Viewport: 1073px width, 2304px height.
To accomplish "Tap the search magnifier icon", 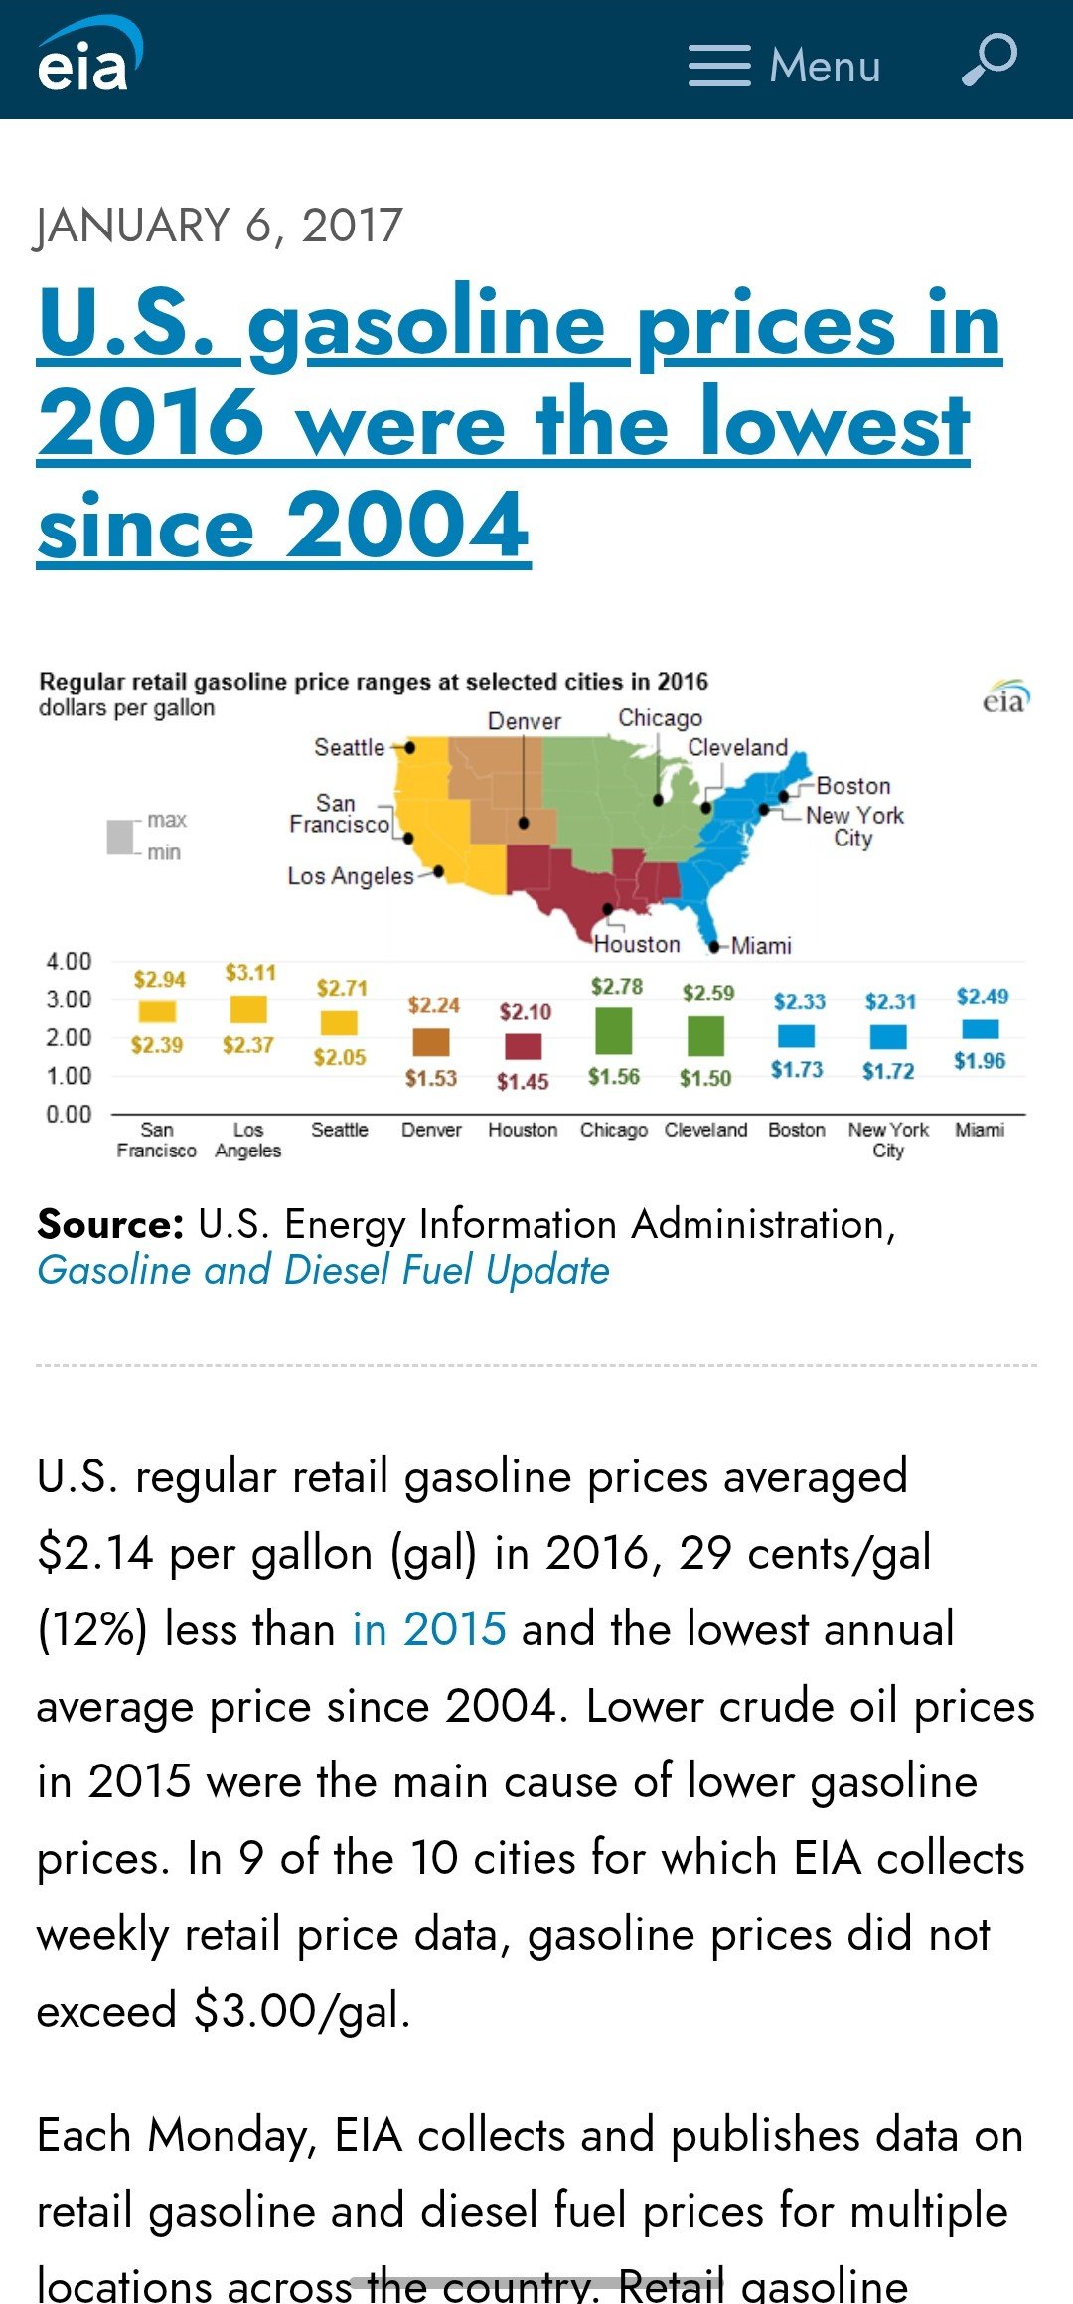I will coord(990,61).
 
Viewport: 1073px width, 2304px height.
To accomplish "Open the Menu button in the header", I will coord(785,66).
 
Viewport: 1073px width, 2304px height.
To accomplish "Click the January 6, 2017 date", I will coord(220,226).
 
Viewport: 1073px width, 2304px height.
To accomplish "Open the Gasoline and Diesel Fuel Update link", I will coord(323,1271).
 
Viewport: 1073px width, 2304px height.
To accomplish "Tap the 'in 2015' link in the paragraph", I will coord(429,1629).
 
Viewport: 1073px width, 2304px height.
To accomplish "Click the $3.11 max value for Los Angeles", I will coord(250,973).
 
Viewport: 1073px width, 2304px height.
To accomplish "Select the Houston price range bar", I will coord(524,1046).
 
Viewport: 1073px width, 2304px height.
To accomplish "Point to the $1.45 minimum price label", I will coord(523,1082).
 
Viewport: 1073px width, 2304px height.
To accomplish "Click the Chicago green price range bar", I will coord(614,1030).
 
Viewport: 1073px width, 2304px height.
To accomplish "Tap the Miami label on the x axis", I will coord(980,1130).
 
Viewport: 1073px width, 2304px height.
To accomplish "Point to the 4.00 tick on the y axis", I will coord(69,961).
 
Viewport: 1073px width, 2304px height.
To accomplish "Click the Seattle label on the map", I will coord(349,747).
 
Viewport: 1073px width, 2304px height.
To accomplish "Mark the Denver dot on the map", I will coord(524,823).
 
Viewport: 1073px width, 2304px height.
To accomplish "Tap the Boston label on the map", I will coord(853,786).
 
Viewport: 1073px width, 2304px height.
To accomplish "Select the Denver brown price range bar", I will coord(431,1042).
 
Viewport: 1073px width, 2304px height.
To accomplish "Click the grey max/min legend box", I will coord(120,836).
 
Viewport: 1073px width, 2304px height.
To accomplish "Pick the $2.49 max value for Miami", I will coord(982,997).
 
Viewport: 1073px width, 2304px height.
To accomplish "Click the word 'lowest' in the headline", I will coord(835,424).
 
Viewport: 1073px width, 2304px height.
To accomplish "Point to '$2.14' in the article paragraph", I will coord(95,1553).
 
